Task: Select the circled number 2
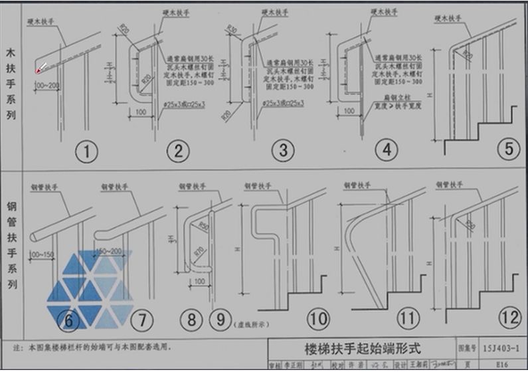pos(177,151)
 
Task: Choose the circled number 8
pos(191,320)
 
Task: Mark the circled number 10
pos(318,320)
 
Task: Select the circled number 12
pos(509,318)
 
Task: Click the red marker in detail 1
pos(39,70)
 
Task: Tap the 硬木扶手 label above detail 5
pos(450,19)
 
